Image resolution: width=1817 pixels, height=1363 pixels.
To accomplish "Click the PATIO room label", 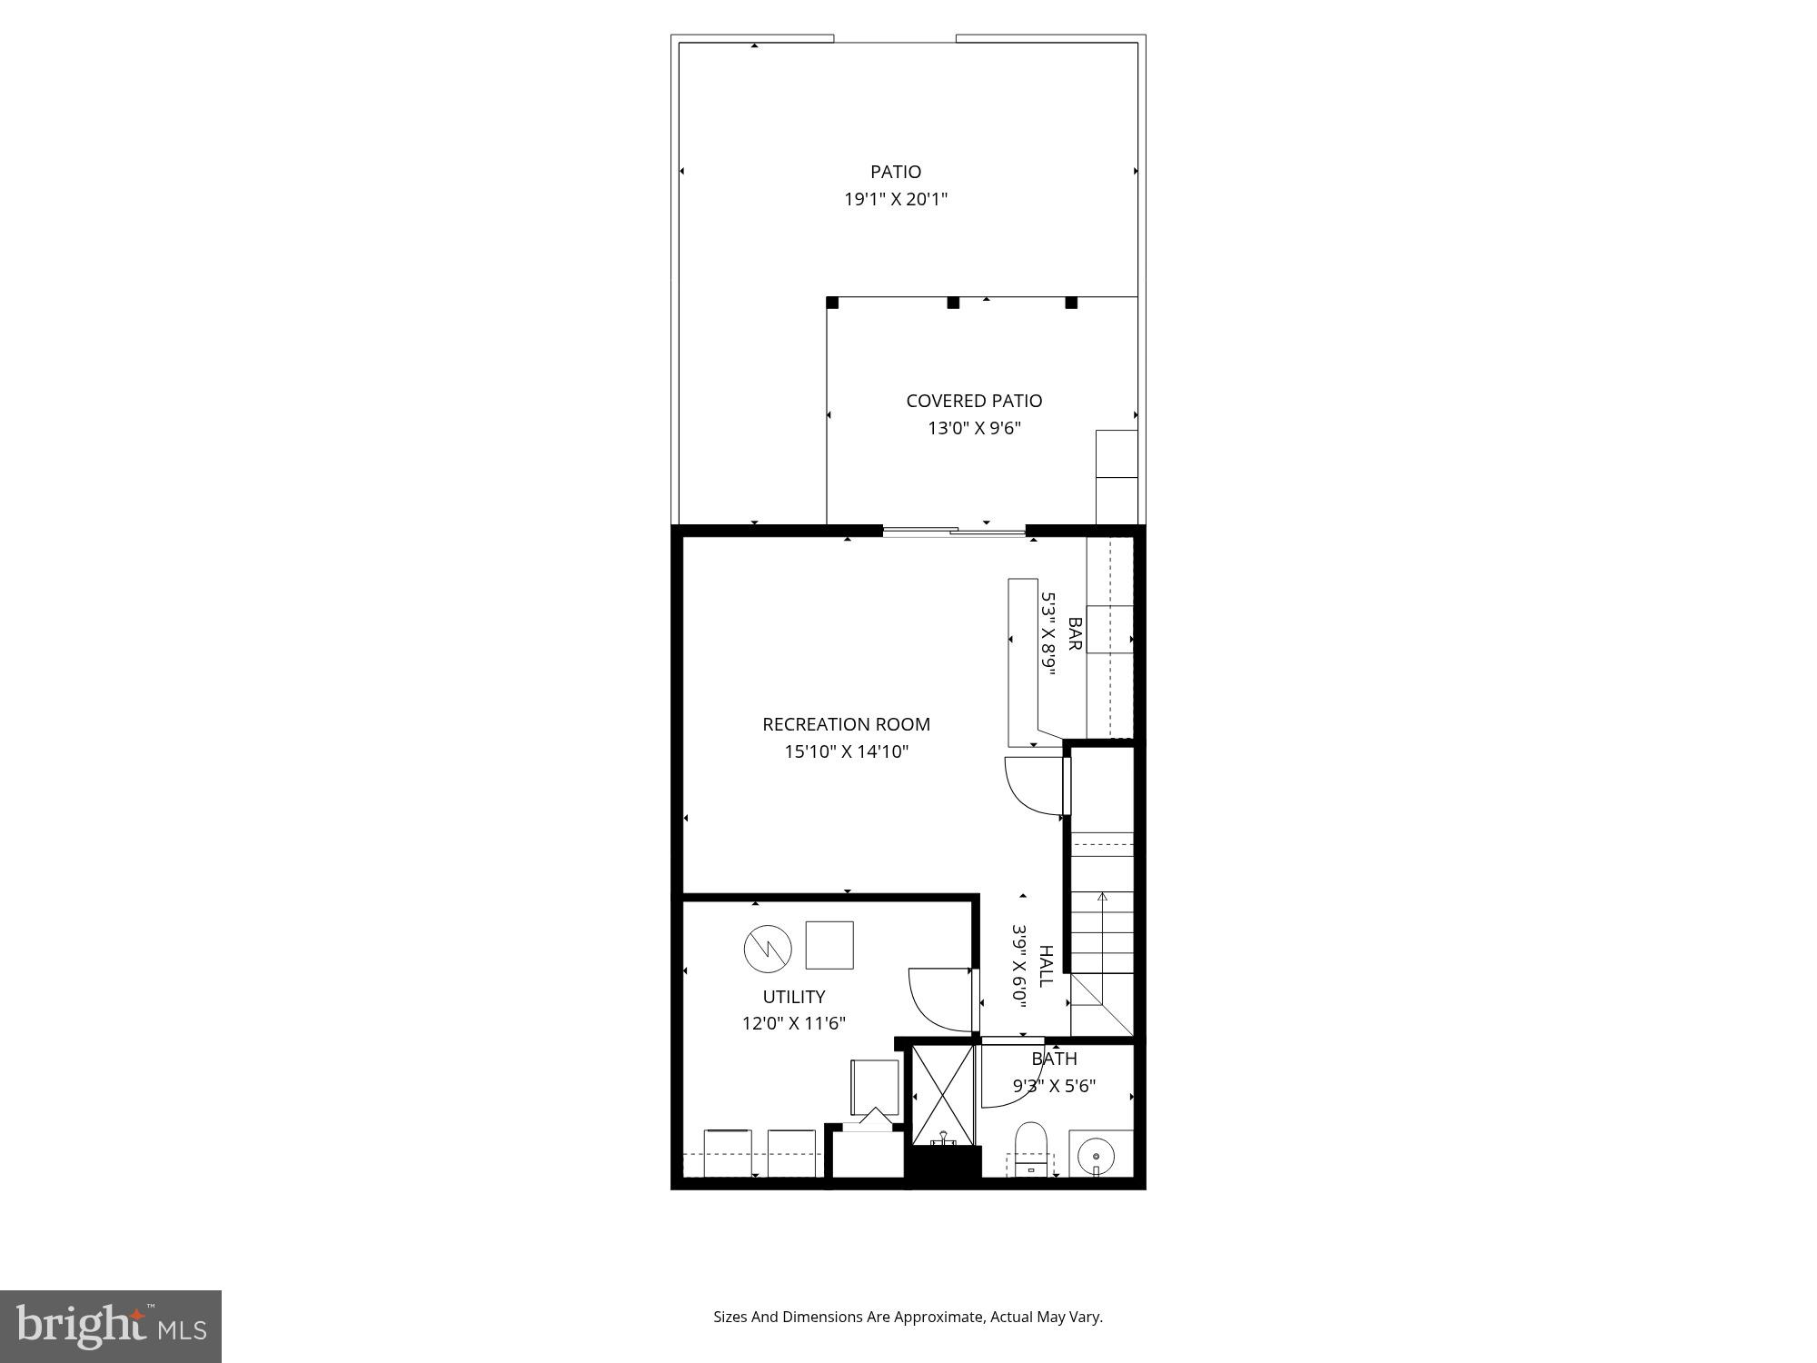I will click(x=896, y=172).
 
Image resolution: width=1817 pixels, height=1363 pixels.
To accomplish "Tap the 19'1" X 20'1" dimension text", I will click(x=896, y=199).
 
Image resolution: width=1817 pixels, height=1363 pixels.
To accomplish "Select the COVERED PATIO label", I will click(x=974, y=401).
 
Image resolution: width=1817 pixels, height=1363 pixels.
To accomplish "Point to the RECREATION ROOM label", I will click(x=846, y=724).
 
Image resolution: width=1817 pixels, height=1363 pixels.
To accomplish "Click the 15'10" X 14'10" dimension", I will click(x=846, y=751).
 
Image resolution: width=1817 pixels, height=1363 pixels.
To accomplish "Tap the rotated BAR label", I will click(x=1074, y=633).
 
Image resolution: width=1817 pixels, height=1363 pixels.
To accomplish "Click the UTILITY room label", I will click(x=794, y=997).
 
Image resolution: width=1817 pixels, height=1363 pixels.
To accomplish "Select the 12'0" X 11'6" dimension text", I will click(x=794, y=1024).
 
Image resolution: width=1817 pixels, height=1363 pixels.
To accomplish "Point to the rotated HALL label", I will click(x=1046, y=965).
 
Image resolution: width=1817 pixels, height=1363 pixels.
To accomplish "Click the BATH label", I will click(x=1054, y=1059).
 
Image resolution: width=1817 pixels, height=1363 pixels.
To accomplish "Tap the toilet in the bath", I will click(x=1030, y=1148).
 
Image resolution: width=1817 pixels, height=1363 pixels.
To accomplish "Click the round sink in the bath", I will click(x=1097, y=1155).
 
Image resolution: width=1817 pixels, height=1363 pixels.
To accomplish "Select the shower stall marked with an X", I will click(x=943, y=1095).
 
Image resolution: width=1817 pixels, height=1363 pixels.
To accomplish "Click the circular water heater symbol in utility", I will click(x=768, y=949).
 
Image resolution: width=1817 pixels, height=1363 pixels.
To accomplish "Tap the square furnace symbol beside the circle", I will click(x=829, y=945).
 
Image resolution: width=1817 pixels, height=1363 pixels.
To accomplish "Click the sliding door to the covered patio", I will click(x=954, y=532).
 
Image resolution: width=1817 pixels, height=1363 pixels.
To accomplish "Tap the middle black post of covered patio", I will click(x=953, y=303).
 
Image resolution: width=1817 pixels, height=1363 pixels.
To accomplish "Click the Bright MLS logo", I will click(x=111, y=1327).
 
